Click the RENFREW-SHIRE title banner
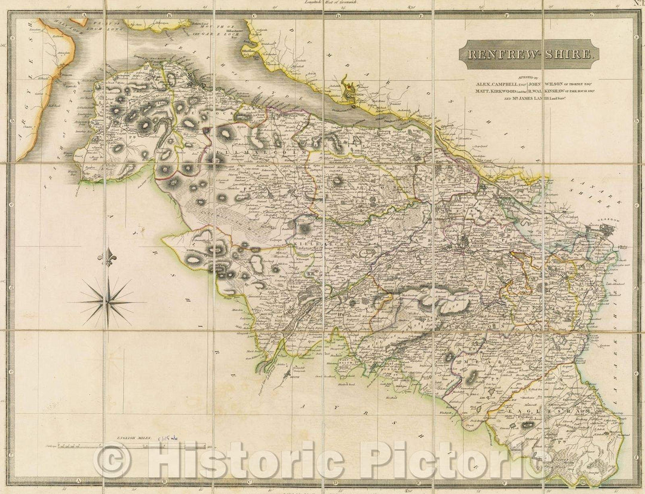pos(528,54)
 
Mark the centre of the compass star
pos(108,303)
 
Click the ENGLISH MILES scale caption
pos(135,438)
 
